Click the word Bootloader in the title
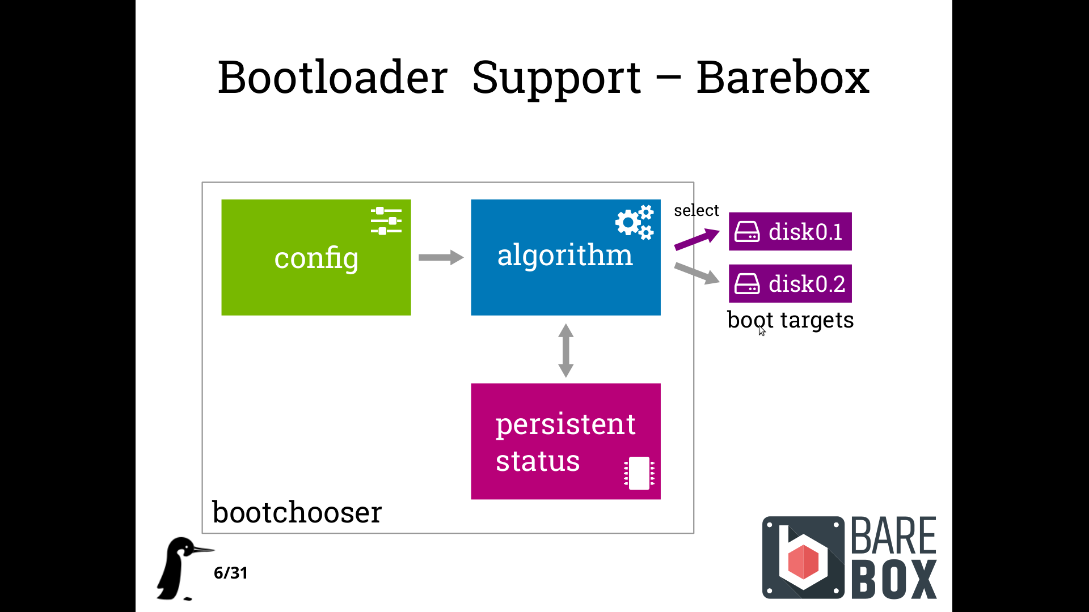(333, 78)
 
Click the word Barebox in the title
(783, 78)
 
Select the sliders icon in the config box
(386, 220)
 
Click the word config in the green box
(316, 258)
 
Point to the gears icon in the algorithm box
(635, 222)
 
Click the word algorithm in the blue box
(565, 254)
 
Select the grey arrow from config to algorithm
(441, 257)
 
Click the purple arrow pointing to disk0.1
(697, 239)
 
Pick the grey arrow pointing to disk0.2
(697, 273)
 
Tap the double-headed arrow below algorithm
(565, 350)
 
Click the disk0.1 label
(805, 232)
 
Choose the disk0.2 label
(807, 284)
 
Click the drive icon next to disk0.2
(747, 283)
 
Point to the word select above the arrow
(696, 210)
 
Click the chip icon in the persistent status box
(639, 473)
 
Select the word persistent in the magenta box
(565, 425)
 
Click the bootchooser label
(297, 512)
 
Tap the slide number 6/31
(230, 573)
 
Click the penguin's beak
(203, 549)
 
